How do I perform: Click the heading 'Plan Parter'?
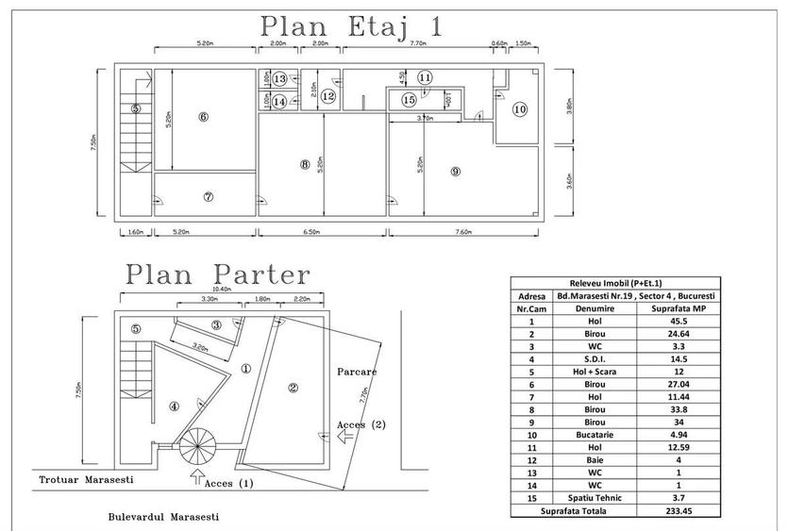click(x=217, y=274)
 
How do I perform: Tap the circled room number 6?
click(x=203, y=117)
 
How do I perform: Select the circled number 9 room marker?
click(x=455, y=172)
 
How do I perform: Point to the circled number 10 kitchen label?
click(x=520, y=109)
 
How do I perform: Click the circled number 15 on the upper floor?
click(x=409, y=99)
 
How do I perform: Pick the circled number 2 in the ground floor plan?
click(x=293, y=387)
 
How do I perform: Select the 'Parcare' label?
click(x=358, y=372)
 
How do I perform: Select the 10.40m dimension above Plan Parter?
click(x=224, y=290)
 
